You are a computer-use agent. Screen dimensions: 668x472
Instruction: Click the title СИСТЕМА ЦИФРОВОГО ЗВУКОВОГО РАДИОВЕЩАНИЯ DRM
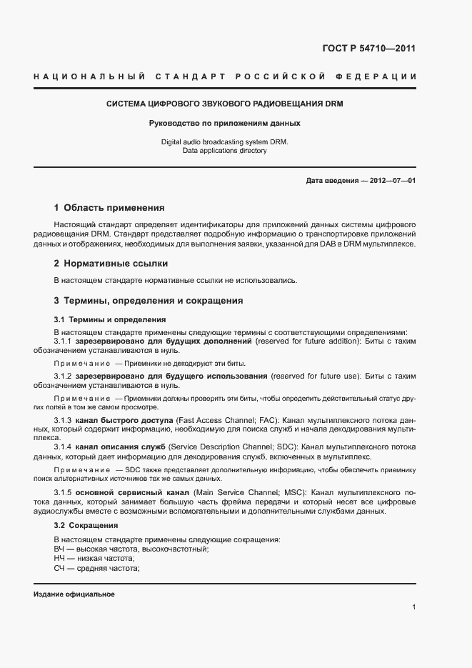[x=225, y=104]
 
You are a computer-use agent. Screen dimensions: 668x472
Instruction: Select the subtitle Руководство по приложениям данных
[x=225, y=123]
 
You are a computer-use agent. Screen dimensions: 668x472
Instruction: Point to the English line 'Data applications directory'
[x=225, y=151]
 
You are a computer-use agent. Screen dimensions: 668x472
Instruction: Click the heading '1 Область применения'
[x=109, y=208]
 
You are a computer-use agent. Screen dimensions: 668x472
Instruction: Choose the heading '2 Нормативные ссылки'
[x=106, y=264]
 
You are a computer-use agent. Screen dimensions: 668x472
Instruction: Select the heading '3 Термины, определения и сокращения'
[x=149, y=301]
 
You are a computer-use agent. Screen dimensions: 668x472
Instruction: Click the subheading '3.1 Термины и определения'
[x=110, y=319]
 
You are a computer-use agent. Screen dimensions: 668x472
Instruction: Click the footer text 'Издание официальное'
[x=74, y=594]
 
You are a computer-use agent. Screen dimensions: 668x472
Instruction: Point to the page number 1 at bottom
[x=413, y=607]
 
